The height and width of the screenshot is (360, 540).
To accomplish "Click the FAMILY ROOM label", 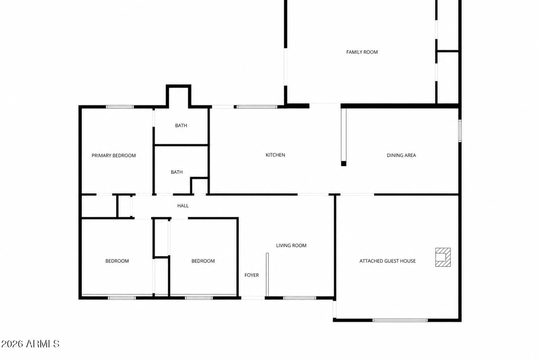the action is [x=362, y=52].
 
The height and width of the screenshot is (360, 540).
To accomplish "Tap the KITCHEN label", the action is [x=275, y=155].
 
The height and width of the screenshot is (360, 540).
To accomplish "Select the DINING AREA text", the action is [x=401, y=155].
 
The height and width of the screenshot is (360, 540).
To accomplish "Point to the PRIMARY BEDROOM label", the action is [x=114, y=156].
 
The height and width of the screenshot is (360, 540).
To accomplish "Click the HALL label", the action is [x=183, y=206].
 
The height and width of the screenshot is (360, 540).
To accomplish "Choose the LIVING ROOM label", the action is [x=291, y=245].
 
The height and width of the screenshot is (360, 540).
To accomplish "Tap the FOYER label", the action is [x=252, y=275].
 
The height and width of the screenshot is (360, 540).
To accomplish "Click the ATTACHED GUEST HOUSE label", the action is [x=388, y=261].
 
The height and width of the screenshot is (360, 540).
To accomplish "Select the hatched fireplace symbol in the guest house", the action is [x=443, y=257].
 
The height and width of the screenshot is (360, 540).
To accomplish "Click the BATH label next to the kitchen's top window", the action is [x=181, y=126].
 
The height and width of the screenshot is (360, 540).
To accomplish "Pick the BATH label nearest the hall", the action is [x=177, y=172].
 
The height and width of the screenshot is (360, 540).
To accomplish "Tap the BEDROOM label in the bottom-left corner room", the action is [x=117, y=261].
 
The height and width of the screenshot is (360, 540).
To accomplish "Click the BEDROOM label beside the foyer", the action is [x=203, y=261].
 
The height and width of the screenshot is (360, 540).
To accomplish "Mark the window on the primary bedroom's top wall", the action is [x=120, y=107].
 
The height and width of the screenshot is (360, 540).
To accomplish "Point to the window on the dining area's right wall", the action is [x=460, y=131].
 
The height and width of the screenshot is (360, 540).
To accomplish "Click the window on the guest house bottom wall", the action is [x=400, y=320].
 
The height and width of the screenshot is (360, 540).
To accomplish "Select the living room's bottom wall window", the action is [x=300, y=298].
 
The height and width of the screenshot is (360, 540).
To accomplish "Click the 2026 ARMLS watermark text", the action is [x=30, y=344].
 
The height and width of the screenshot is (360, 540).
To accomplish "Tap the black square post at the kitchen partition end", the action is [x=344, y=163].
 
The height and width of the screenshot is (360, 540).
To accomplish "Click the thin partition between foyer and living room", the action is [x=267, y=275].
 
